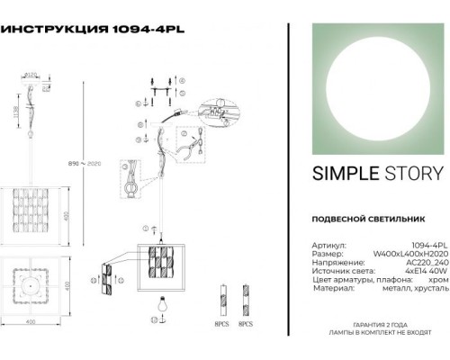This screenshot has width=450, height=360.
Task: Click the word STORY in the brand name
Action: click(x=407, y=174)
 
